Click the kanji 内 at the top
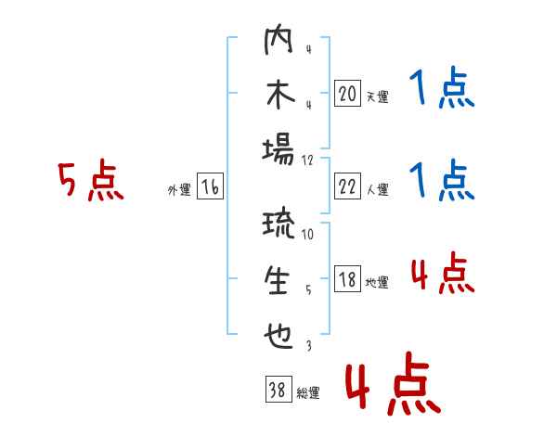tap(278, 39)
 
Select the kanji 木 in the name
tap(280, 95)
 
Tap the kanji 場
tap(278, 149)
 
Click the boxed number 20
tap(348, 93)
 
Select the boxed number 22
tap(348, 186)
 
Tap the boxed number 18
tap(348, 278)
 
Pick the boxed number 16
tap(210, 186)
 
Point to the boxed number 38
tap(278, 389)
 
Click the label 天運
tap(378, 96)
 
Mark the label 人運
tap(378, 189)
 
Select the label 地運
tap(377, 283)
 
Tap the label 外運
tap(179, 189)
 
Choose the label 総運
tap(308, 393)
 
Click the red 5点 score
tap(91, 180)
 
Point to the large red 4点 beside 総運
tap(394, 383)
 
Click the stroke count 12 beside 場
tap(307, 160)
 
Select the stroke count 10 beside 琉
tap(307, 234)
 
